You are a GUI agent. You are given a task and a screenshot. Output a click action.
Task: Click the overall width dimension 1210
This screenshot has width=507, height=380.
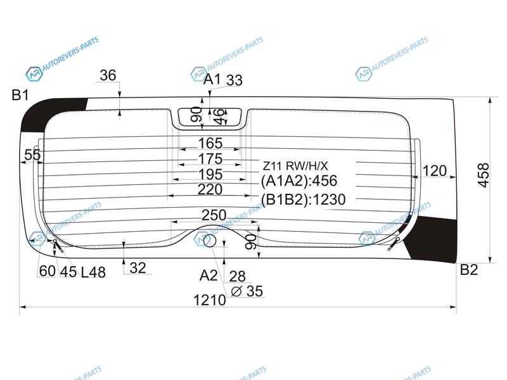point(210,300)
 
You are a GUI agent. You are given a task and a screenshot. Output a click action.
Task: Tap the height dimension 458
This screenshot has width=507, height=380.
point(484,175)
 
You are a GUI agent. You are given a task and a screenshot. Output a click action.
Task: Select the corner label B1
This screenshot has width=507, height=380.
point(20,95)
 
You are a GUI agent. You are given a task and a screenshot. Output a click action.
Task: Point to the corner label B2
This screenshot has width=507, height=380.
point(469,270)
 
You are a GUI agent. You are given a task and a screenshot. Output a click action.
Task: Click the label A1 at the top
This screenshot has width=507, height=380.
point(212,79)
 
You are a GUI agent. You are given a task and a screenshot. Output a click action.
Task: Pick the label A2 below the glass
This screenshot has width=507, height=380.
point(209,275)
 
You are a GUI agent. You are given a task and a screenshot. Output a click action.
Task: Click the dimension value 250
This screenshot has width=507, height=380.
point(214,215)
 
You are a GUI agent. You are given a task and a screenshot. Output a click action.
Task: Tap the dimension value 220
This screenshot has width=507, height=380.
point(210,189)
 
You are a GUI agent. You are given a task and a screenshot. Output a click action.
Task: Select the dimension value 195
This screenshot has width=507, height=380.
point(210,175)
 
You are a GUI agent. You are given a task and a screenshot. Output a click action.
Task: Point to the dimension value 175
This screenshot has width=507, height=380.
point(210,159)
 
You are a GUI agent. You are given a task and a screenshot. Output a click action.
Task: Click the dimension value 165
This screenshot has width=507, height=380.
point(210,144)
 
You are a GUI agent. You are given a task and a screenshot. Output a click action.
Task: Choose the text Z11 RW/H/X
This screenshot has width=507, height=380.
point(295,166)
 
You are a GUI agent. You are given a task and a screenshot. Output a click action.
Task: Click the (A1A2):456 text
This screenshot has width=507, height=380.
point(299,180)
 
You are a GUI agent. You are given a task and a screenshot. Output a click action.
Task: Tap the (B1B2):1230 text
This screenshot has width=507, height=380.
point(304,199)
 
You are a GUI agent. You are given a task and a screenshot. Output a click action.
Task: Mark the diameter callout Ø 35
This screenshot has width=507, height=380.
point(247,291)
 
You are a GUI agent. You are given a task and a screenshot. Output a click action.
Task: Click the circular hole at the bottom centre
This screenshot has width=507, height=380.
point(210,241)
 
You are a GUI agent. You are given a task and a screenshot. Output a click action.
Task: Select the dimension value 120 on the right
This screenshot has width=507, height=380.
point(435,170)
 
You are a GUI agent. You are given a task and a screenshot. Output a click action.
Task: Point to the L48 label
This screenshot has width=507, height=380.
point(93,272)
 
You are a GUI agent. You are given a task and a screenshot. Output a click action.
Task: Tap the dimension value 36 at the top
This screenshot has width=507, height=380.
point(108,75)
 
